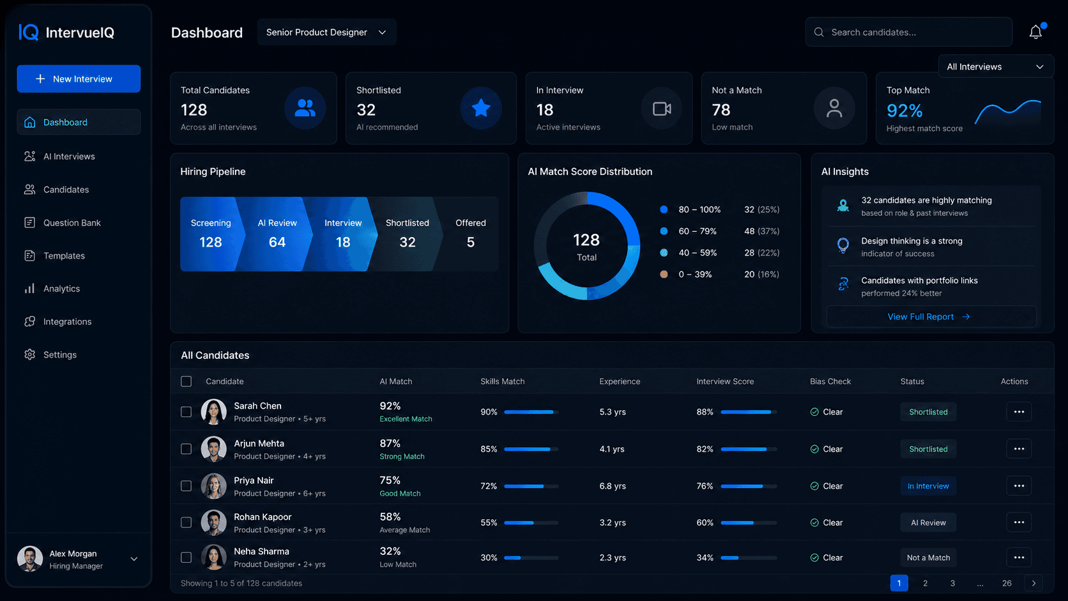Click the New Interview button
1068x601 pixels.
click(79, 79)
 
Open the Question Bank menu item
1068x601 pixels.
click(72, 223)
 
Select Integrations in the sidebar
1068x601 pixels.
click(67, 322)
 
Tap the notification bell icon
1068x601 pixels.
click(1035, 32)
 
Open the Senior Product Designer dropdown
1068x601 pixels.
click(326, 32)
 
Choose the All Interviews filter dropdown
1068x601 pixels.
click(995, 66)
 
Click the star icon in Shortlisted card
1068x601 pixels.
click(480, 108)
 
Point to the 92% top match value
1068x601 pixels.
click(904, 110)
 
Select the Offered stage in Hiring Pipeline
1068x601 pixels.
click(470, 234)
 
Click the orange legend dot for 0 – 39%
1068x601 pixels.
click(664, 274)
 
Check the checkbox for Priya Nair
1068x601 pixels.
click(186, 486)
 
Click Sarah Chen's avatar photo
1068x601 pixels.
click(214, 412)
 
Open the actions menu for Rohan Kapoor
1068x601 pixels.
click(1018, 522)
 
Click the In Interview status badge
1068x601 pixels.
click(927, 486)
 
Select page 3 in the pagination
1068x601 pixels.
click(952, 583)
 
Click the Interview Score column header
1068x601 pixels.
click(725, 381)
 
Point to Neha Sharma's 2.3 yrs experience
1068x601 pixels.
click(612, 558)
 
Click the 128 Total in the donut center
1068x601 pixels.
click(586, 247)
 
